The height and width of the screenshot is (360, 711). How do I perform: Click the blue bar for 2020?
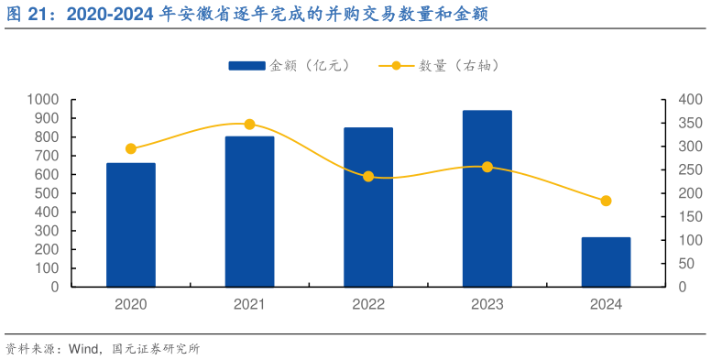[x=131, y=224]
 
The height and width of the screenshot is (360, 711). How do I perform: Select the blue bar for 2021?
[x=249, y=212]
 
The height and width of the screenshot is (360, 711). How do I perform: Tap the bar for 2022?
[x=368, y=207]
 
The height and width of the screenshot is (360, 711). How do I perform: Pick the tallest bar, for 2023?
[x=487, y=198]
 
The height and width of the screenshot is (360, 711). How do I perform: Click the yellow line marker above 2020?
[x=131, y=148]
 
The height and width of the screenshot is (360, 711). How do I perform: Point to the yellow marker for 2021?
[x=249, y=124]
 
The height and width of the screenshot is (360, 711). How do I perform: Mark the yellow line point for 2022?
[x=368, y=177]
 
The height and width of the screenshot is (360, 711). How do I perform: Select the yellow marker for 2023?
[x=487, y=167]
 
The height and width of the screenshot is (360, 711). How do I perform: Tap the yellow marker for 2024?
[x=606, y=201]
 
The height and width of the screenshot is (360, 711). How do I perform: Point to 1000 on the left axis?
[x=42, y=99]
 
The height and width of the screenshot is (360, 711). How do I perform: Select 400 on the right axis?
[x=689, y=99]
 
